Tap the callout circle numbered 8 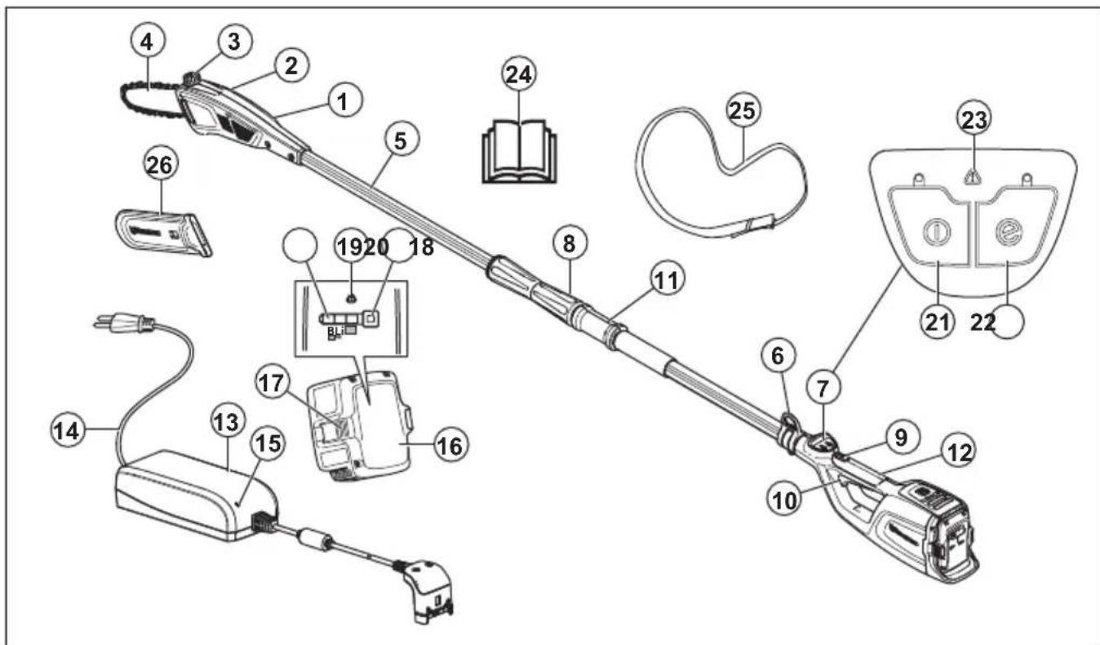pyautogui.click(x=569, y=244)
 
